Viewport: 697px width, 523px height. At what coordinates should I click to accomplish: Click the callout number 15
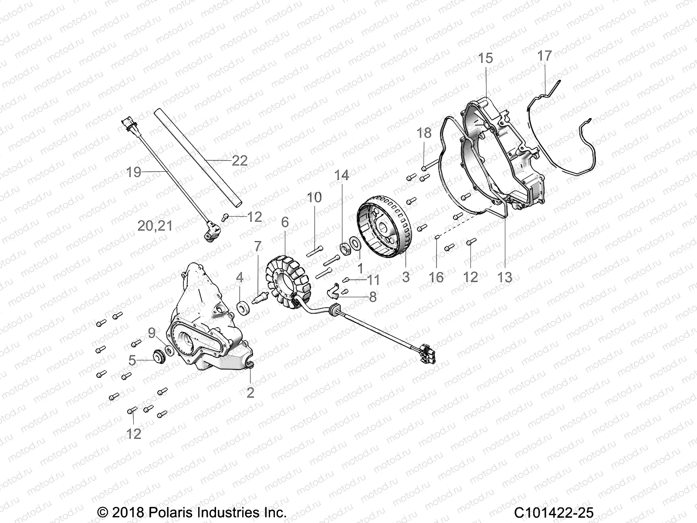(x=485, y=58)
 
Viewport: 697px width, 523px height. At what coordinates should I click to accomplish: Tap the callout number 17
(x=545, y=56)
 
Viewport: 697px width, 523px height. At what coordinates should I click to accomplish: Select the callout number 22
(x=240, y=160)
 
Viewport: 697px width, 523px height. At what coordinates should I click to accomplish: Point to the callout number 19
(x=134, y=172)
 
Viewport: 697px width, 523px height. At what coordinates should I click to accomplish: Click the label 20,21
(x=155, y=226)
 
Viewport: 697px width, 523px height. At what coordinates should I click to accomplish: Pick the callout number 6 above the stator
(x=284, y=222)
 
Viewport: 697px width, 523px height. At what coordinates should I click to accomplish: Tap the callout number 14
(x=342, y=175)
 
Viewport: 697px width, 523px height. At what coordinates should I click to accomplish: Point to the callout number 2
(x=250, y=392)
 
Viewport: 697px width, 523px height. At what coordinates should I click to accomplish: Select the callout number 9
(x=152, y=333)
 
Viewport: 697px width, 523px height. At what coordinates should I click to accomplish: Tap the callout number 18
(x=424, y=132)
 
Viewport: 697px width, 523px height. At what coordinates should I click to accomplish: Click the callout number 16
(x=436, y=277)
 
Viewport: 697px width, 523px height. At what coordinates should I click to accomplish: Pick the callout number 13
(x=504, y=277)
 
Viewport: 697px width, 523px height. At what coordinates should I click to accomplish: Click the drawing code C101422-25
(x=553, y=513)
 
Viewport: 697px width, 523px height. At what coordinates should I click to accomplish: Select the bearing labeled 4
(x=242, y=306)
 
